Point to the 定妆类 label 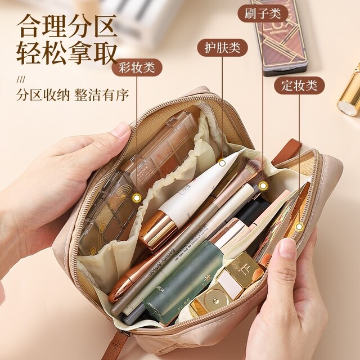[299, 85]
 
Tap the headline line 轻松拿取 [66, 55]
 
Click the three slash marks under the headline [21, 78]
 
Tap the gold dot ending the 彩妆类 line [137, 197]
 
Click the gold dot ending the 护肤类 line [222, 163]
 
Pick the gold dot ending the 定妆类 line [299, 227]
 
